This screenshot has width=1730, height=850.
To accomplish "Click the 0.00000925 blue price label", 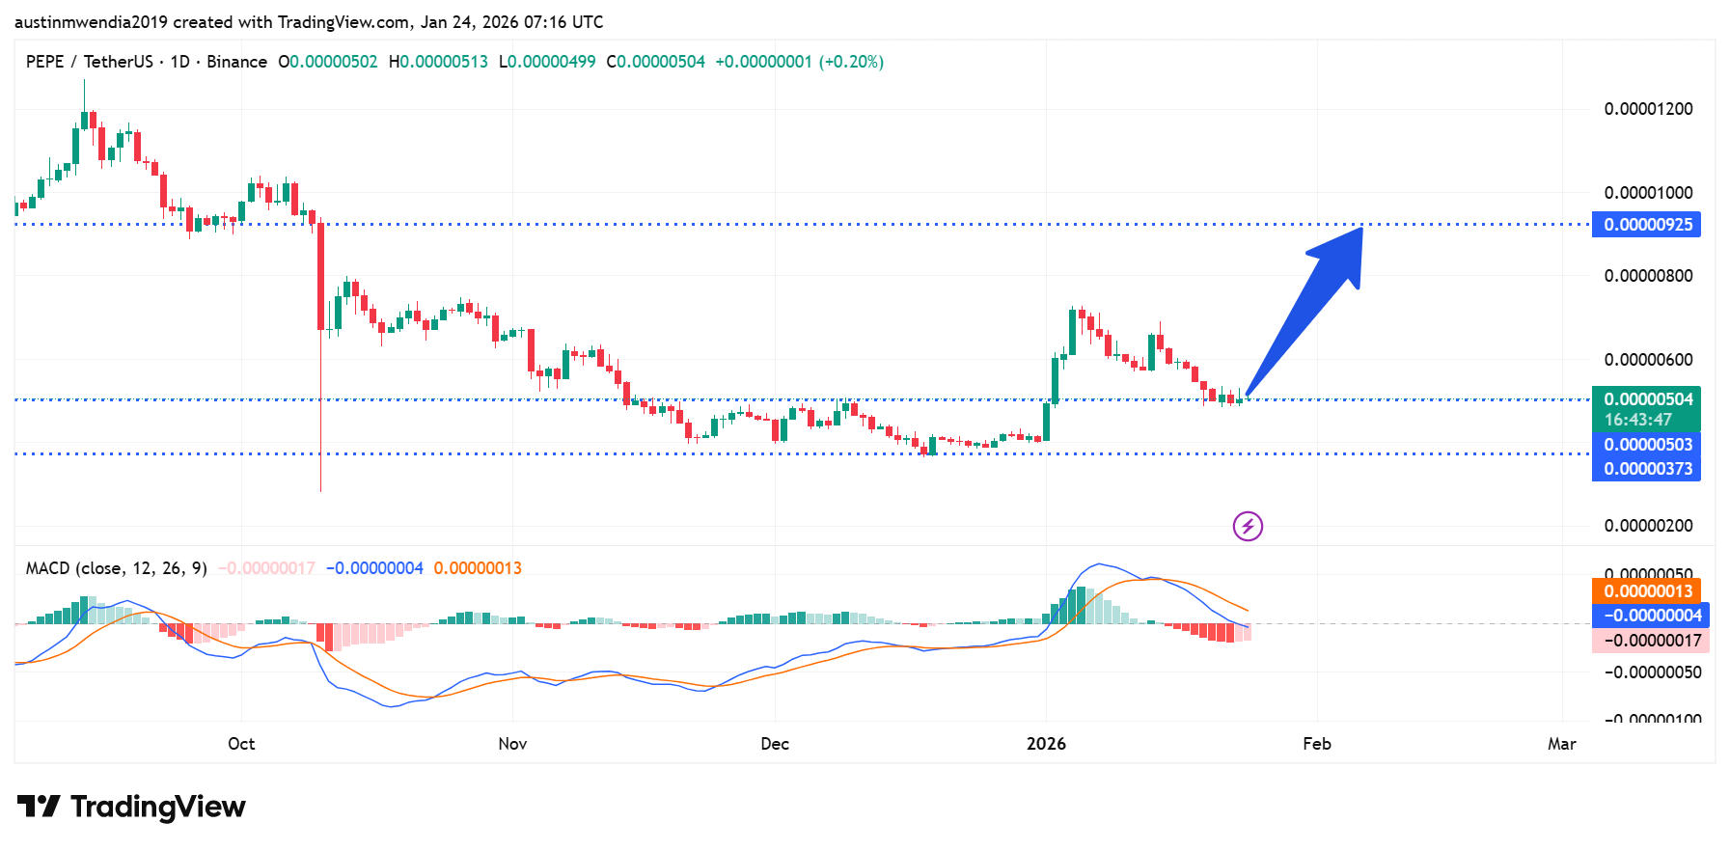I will click(x=1646, y=225).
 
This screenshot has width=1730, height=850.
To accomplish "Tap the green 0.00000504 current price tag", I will click(x=1646, y=399).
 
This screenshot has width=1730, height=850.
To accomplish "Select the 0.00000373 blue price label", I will click(x=1646, y=469).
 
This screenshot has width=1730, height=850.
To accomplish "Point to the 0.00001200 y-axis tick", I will click(x=1648, y=109).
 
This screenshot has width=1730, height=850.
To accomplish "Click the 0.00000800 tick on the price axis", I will click(x=1648, y=276).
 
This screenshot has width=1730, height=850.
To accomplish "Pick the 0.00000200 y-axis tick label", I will click(x=1648, y=526).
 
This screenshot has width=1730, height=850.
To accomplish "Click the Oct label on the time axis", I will click(x=241, y=744).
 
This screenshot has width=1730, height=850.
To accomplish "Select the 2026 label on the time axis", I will click(x=1046, y=744).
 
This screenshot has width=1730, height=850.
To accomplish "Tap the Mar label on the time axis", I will click(x=1561, y=744).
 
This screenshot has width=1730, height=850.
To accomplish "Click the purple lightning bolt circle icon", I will click(x=1248, y=526).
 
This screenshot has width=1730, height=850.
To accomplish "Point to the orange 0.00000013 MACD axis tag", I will click(x=1646, y=591).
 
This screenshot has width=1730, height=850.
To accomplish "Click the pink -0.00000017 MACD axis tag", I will click(x=1650, y=641).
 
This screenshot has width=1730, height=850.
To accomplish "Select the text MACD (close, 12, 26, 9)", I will click(x=116, y=568).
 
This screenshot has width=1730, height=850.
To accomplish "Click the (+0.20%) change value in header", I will click(x=851, y=62).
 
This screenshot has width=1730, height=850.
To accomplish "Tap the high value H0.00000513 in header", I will click(x=438, y=62).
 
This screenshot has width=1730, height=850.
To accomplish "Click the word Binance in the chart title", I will click(x=236, y=62).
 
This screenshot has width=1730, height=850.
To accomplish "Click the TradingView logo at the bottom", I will click(x=131, y=807).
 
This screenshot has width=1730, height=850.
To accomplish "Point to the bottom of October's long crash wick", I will click(x=320, y=490).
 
